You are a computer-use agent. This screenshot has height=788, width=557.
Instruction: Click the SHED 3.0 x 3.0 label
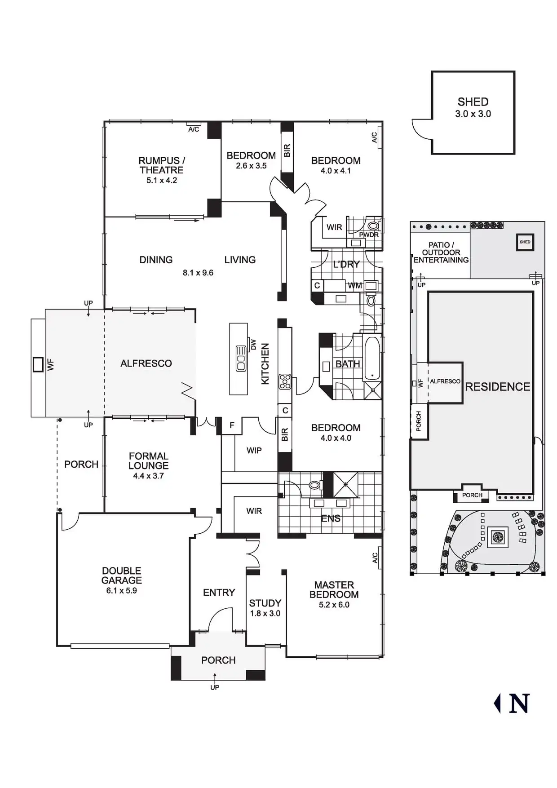click(473, 108)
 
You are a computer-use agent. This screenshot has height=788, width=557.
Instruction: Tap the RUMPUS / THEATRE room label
click(162, 165)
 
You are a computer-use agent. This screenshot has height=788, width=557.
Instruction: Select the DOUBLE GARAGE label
click(121, 576)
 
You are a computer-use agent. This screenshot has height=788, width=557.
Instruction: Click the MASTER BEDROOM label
click(334, 590)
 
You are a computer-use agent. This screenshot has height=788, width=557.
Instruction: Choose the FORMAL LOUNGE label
click(148, 461)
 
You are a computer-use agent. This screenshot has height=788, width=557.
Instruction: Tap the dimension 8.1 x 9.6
click(198, 273)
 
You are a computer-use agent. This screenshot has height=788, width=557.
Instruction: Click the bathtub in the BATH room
click(372, 358)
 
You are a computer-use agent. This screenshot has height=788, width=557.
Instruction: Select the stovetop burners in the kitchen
click(285, 381)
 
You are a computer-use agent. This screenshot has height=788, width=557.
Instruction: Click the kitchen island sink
click(241, 359)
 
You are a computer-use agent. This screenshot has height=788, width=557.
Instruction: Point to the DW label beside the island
click(253, 345)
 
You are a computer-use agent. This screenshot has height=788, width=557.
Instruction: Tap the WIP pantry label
click(254, 450)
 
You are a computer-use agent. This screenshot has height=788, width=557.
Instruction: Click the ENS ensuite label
click(331, 518)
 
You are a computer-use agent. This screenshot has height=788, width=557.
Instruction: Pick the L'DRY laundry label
click(346, 264)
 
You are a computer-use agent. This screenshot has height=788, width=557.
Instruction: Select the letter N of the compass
click(519, 704)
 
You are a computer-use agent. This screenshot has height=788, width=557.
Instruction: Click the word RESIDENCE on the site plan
click(498, 387)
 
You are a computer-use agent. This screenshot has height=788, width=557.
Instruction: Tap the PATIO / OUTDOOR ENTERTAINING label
click(441, 252)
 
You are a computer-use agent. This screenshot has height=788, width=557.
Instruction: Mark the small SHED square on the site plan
click(525, 242)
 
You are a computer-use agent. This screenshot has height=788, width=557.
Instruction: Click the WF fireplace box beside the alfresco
click(38, 364)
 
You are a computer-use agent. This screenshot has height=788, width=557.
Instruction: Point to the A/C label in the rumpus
click(194, 129)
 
